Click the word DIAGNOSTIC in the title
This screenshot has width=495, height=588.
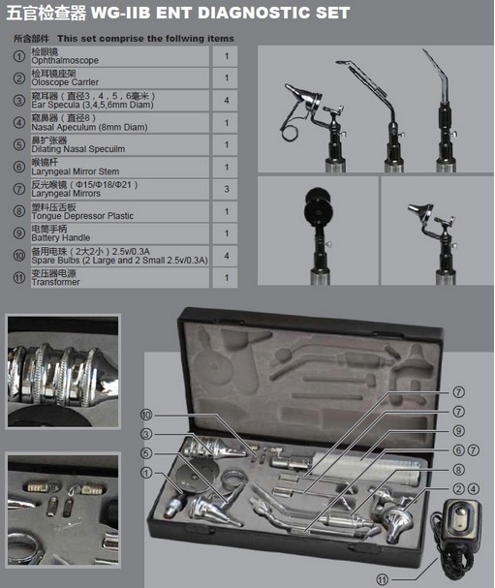253,13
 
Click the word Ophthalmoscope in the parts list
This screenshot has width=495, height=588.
65,61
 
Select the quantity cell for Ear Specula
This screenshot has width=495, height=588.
225,100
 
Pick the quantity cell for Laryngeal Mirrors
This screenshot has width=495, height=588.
225,189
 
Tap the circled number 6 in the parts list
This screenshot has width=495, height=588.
19,167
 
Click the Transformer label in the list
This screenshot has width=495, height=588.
55,282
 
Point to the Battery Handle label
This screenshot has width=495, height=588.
61,237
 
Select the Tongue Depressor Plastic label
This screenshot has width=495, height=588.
82,216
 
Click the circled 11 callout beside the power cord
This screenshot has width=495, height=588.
382,579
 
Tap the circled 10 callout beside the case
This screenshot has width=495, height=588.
146,415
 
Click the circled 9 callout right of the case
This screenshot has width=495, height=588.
458,431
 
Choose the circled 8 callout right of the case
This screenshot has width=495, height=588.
458,470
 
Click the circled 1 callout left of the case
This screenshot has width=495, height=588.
146,473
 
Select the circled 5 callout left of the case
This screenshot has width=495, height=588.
146,453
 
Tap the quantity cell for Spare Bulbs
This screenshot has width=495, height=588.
225,256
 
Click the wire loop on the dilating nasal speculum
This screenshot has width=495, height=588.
288,133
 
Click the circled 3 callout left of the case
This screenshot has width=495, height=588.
146,434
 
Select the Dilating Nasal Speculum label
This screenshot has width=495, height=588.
78,149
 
